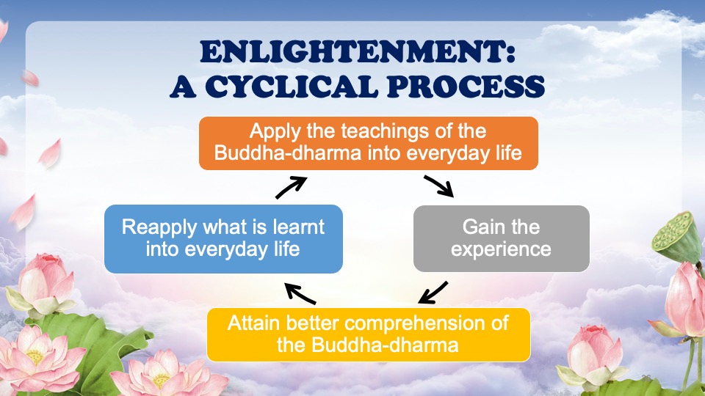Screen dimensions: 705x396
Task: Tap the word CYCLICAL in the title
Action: tap(292, 87)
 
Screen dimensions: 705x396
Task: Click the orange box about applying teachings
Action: tap(368, 143)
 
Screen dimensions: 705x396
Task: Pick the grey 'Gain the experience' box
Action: tap(502, 238)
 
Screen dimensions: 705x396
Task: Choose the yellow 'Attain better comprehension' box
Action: tap(368, 334)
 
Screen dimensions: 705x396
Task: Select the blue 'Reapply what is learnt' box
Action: tap(223, 239)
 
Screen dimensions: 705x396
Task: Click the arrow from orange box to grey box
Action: tap(439, 186)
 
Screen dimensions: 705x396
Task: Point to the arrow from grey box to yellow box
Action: tap(433, 293)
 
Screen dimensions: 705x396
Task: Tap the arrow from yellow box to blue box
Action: tap(300, 293)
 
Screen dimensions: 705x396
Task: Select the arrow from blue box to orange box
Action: tap(292, 187)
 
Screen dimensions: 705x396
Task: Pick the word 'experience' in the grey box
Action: tap(501, 249)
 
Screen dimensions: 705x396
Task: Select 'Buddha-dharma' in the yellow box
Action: tap(385, 345)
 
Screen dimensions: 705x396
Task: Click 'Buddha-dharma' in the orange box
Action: tap(288, 153)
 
